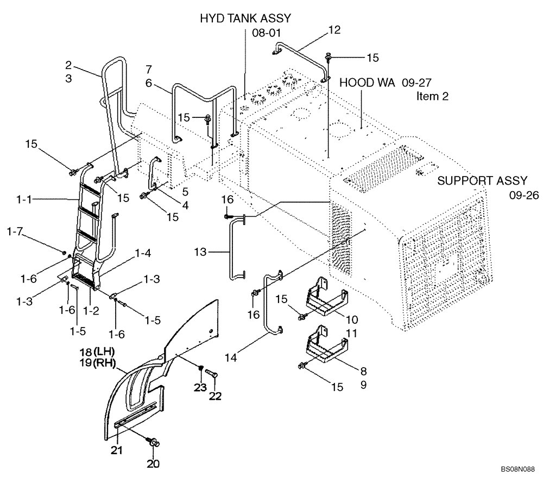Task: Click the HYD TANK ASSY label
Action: [x=245, y=18]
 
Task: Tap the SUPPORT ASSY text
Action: [x=482, y=181]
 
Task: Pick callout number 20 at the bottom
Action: [x=154, y=464]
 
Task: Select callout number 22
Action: [x=216, y=396]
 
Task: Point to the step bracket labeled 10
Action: [x=326, y=301]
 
